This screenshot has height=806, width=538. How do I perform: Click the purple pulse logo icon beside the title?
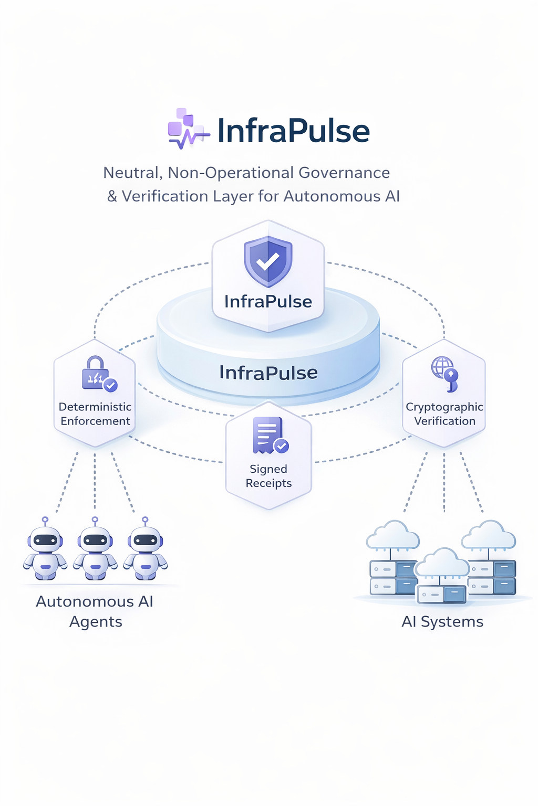(x=187, y=129)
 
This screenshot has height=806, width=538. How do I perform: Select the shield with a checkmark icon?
(x=268, y=261)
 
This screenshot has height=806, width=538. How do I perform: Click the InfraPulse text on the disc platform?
(x=268, y=373)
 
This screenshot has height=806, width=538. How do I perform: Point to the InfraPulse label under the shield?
(x=268, y=302)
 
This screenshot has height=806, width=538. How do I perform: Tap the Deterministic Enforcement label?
(x=95, y=414)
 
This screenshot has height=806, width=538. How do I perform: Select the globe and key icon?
(x=444, y=373)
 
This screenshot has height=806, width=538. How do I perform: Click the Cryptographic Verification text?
(x=444, y=414)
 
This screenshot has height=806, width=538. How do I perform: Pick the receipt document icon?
(x=270, y=435)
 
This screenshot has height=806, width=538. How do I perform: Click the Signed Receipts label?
(x=268, y=476)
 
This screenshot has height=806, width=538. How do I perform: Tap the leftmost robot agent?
(x=45, y=551)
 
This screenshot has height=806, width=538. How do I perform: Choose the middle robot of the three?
(x=95, y=551)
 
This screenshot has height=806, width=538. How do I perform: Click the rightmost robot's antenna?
(x=145, y=521)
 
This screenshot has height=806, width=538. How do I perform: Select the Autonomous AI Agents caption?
(x=95, y=611)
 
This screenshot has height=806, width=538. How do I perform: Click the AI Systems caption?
(x=442, y=622)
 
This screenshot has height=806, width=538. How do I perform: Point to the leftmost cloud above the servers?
(x=393, y=535)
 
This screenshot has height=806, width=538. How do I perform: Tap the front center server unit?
(x=442, y=594)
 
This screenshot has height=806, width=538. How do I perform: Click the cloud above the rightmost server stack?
(x=489, y=535)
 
